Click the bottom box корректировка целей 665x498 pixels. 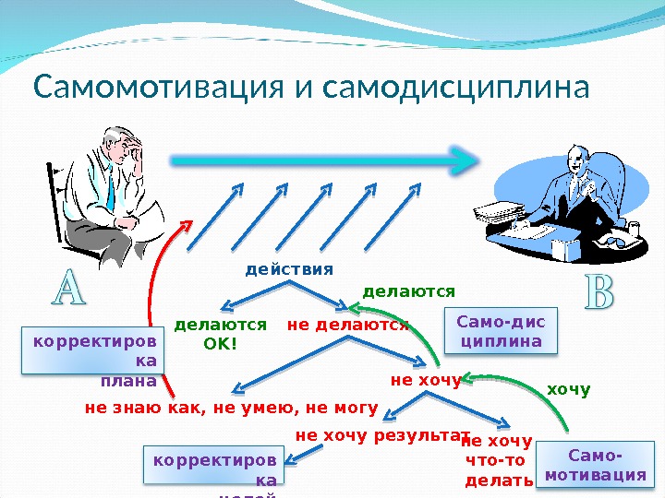tap(214, 468)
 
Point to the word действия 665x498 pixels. tap(288, 269)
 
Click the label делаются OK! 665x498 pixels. tap(220, 334)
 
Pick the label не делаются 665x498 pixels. tap(348, 325)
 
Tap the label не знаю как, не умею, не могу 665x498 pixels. tap(231, 406)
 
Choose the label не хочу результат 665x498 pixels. tap(382, 434)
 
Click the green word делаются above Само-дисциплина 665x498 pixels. tap(409, 291)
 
